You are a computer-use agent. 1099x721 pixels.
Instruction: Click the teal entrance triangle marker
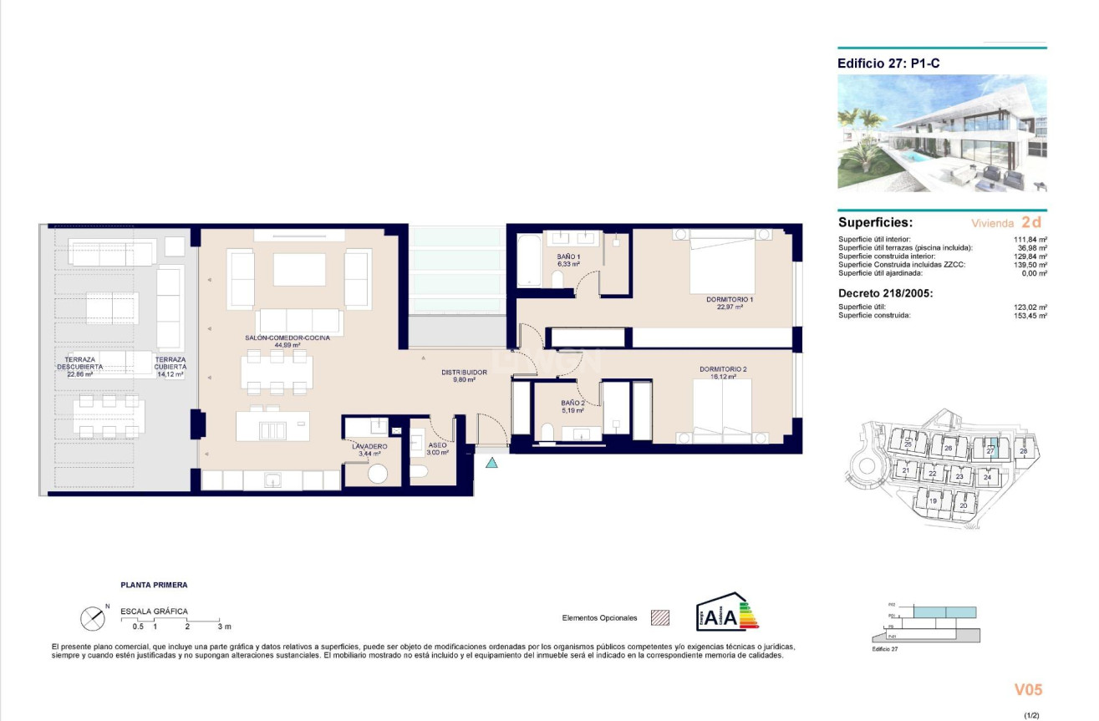tap(492, 462)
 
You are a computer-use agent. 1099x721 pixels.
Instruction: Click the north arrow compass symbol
tap(92, 618)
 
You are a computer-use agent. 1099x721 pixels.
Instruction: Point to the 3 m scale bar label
tap(224, 626)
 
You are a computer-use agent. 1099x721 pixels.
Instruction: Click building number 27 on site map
tap(990, 449)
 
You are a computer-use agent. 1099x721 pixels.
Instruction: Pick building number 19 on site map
tap(933, 500)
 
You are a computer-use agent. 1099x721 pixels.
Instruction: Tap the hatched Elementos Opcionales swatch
tap(660, 617)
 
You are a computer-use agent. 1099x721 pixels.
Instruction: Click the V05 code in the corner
tap(1029, 690)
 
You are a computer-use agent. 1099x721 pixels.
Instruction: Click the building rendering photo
tap(942, 134)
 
